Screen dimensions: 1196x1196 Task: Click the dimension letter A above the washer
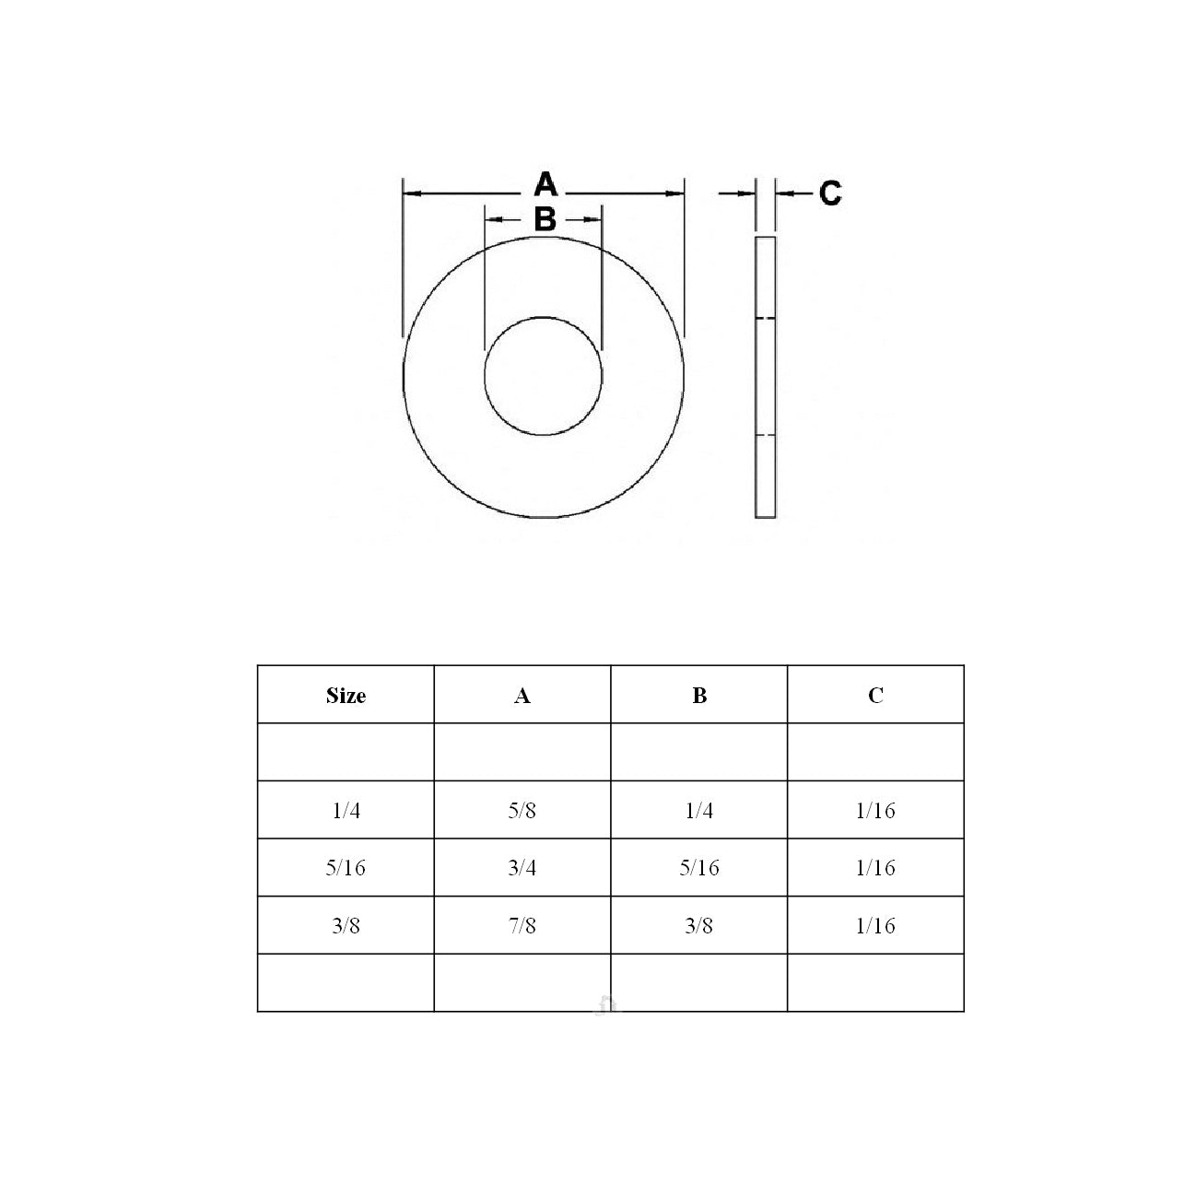tap(545, 184)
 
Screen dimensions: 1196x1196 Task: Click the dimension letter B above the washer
tap(545, 220)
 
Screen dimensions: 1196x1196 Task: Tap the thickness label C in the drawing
tap(829, 193)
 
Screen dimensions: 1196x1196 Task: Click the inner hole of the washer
tap(544, 376)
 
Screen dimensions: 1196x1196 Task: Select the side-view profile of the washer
tap(765, 377)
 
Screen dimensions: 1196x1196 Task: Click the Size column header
tap(346, 696)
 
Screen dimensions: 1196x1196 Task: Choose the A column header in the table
tap(522, 696)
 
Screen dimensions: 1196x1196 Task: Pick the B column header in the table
tap(699, 696)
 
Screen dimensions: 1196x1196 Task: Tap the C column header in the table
tap(875, 696)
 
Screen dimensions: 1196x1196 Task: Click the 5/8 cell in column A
tap(522, 811)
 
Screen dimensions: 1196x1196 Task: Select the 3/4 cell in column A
tap(522, 868)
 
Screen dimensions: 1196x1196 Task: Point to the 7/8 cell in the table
tap(522, 926)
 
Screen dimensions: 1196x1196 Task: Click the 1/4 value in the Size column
tap(346, 811)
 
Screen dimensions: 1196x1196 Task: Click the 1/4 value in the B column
tap(699, 811)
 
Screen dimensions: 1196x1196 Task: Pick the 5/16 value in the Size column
tap(346, 868)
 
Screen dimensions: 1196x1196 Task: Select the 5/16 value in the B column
tap(699, 868)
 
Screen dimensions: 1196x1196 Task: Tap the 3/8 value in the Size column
tap(346, 926)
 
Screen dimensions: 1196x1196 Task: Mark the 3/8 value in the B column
tap(699, 926)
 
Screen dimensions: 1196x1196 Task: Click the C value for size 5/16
tap(875, 868)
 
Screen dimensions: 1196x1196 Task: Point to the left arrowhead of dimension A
tap(411, 193)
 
